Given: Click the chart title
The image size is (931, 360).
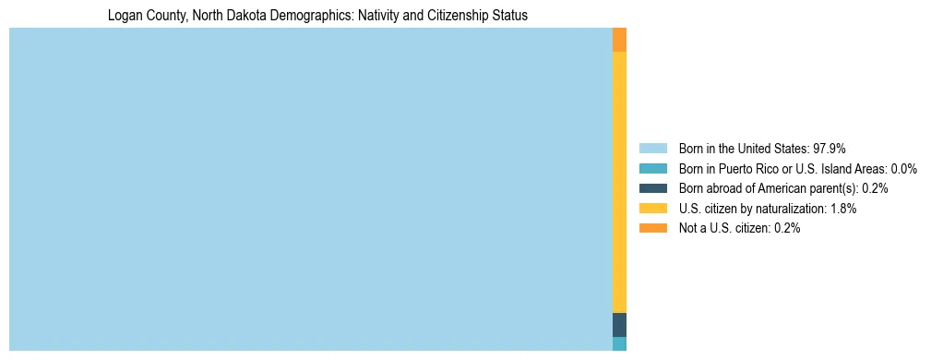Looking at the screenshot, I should (x=317, y=16).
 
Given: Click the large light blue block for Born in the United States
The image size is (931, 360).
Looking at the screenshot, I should (x=310, y=189).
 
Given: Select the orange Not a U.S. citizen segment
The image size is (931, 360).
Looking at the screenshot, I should (x=619, y=40).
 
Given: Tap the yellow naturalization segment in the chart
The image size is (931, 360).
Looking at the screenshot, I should (x=619, y=182).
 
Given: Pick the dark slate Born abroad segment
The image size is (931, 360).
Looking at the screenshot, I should (x=619, y=325).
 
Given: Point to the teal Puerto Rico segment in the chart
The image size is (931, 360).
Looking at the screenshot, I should (x=619, y=343).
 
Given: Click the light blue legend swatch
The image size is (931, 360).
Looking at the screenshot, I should (x=652, y=148).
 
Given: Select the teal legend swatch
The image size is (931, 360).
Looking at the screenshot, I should (x=652, y=168).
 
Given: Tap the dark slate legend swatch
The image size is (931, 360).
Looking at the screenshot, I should (x=652, y=188).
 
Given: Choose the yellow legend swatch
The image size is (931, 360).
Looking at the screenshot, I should (x=652, y=209).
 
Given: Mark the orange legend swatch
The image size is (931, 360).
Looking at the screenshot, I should (x=652, y=229).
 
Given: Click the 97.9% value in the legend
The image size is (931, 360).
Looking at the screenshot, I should (x=830, y=148).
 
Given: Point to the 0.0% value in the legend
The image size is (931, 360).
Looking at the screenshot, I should (x=903, y=168).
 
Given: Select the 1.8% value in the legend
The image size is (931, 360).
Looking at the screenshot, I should (x=842, y=209).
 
